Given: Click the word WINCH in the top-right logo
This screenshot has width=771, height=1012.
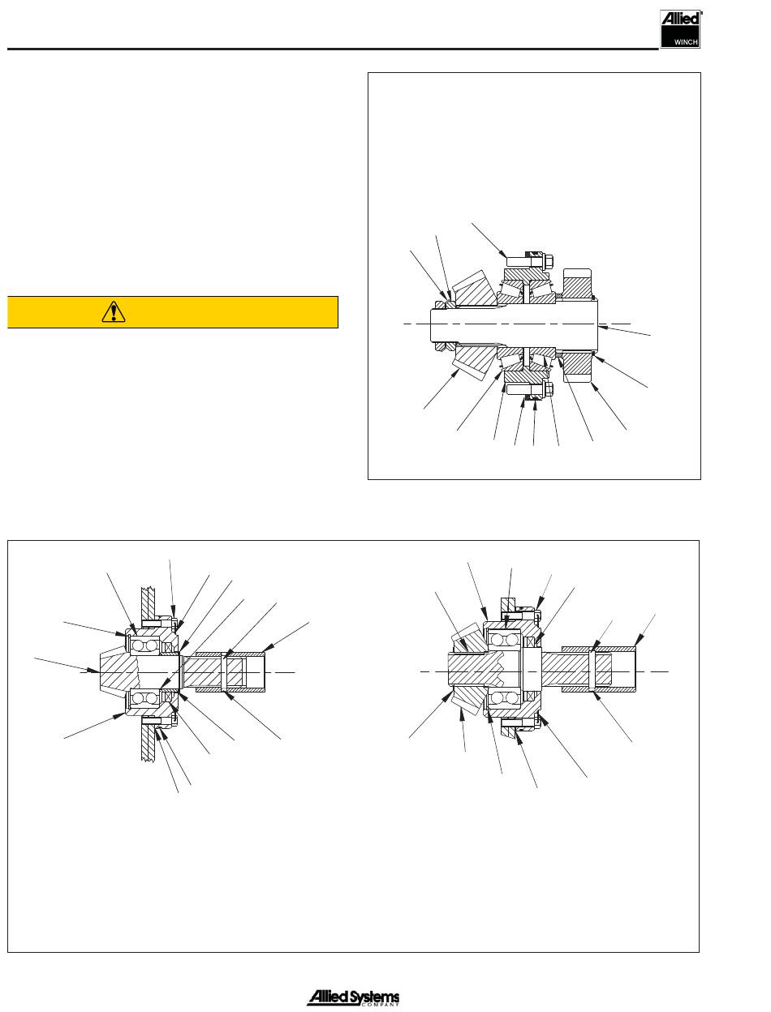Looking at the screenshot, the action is tap(686, 42).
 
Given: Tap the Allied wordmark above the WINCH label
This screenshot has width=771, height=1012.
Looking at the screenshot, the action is tap(681, 18).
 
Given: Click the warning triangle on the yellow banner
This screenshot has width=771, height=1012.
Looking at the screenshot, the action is tap(113, 311).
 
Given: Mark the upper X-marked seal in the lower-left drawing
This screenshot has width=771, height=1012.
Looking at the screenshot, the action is tap(168, 647).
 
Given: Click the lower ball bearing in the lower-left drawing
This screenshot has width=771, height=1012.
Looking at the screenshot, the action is tap(144, 698).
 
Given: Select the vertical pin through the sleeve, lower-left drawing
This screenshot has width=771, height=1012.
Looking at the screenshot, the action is tap(224, 671).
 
